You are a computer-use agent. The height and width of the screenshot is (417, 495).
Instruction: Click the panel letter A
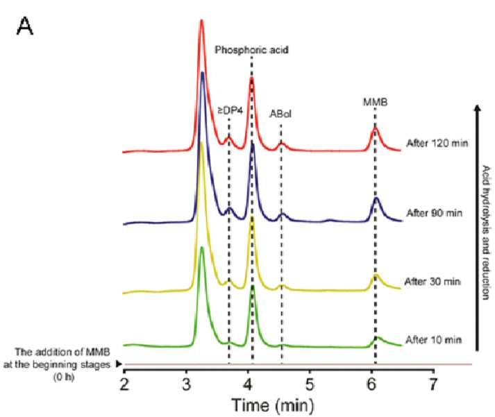24,26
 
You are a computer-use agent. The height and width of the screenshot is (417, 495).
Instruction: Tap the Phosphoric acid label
251,50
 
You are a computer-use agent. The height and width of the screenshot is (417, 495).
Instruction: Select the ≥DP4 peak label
230,111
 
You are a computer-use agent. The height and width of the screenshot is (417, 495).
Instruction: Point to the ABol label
280,114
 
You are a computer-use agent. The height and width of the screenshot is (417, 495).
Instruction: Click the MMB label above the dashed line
376,102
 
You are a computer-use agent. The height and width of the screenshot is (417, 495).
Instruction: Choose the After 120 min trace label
437,143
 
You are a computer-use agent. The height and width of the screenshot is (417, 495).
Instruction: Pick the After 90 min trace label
435,213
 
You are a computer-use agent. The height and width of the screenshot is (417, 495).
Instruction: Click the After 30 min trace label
433,281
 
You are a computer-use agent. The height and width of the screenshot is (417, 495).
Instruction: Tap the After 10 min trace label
434,340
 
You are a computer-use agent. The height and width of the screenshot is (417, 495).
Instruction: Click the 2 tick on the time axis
125,384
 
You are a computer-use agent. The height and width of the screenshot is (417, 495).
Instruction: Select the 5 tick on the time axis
310,384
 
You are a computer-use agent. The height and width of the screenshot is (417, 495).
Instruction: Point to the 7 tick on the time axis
433,384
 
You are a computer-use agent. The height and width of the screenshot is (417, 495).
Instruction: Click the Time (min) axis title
273,405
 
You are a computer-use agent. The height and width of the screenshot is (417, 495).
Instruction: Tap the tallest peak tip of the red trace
202,21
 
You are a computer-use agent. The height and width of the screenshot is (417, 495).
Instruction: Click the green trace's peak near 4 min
253,287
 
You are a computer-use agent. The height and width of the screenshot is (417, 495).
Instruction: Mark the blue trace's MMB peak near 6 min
376,198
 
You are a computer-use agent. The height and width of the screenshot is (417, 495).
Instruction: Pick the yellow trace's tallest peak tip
201,142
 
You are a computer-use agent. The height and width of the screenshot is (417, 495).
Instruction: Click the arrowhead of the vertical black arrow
478,108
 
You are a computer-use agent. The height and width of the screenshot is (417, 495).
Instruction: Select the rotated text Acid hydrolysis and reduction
486,232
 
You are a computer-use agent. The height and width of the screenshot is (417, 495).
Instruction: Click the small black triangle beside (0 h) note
119,364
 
